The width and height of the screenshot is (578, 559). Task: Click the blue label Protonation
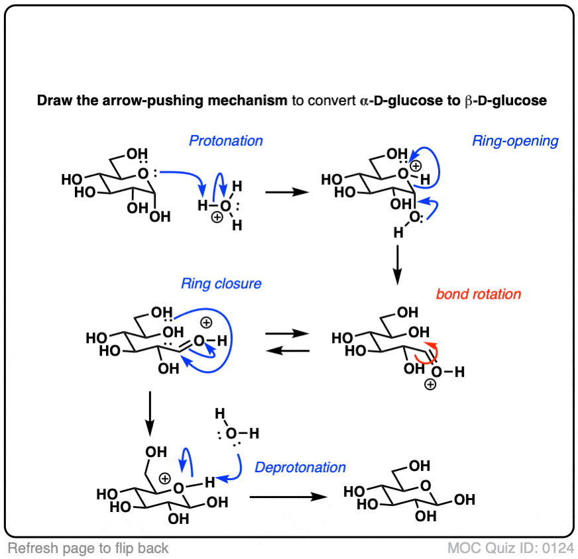[x=226, y=140]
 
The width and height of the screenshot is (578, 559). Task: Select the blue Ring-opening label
[x=515, y=141]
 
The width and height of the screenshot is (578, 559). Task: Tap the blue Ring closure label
[x=221, y=283]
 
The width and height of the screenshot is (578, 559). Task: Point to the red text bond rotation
[x=479, y=294]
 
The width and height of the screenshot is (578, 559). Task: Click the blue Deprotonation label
[x=300, y=468]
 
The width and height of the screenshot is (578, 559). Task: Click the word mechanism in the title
[x=247, y=100]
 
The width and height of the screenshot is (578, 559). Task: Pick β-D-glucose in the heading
[x=506, y=101]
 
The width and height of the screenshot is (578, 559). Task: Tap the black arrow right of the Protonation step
[x=287, y=192]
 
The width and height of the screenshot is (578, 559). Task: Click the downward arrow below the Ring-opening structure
[x=398, y=265]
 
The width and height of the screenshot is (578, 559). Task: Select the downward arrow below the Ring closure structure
[x=150, y=413]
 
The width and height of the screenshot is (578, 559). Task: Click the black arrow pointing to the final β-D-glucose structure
[x=288, y=497]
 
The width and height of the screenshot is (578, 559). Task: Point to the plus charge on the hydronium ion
[x=217, y=218]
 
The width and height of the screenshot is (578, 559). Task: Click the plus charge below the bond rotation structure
[x=430, y=385]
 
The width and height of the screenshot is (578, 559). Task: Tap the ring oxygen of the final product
[x=426, y=485]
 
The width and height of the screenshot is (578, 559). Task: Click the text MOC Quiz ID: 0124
[x=510, y=548]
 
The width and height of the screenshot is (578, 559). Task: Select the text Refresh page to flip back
[x=88, y=548]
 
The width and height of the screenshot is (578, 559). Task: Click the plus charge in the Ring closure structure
[x=206, y=323]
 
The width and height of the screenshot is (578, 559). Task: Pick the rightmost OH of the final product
[x=465, y=499]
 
